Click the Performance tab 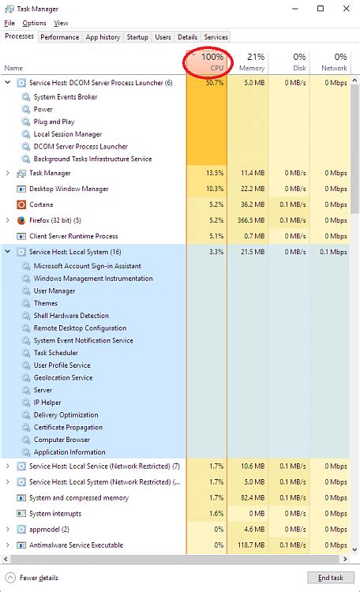(x=60, y=37)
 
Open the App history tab (x=103, y=37)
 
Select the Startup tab (x=137, y=37)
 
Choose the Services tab (x=216, y=37)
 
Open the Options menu (x=34, y=24)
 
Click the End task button (x=329, y=578)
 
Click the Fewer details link (x=38, y=578)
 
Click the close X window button (x=345, y=9)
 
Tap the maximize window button (x=321, y=9)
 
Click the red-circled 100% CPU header (x=207, y=62)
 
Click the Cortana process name (x=42, y=204)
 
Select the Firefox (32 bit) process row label (x=54, y=220)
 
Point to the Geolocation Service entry (x=63, y=378)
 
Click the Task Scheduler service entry (x=55, y=353)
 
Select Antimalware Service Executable (x=76, y=545)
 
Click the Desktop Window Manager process (x=69, y=189)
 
